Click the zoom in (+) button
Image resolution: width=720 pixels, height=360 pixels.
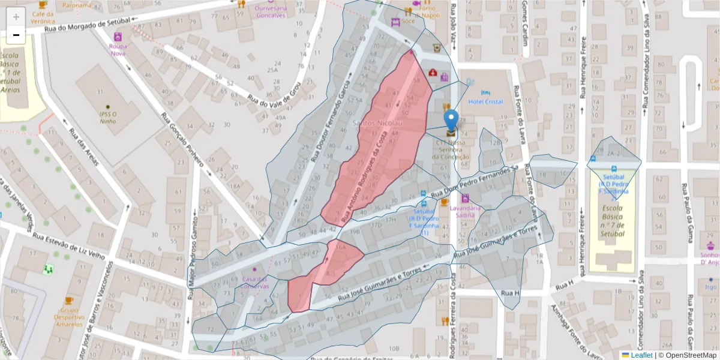(x=16, y=17)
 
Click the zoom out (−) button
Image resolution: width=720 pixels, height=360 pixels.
(x=16, y=35)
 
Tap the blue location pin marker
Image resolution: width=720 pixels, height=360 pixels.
(x=451, y=121)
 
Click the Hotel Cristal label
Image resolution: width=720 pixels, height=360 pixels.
(x=485, y=101)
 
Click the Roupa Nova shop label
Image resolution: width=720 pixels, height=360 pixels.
(x=118, y=49)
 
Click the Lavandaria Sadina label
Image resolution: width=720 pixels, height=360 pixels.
(x=465, y=211)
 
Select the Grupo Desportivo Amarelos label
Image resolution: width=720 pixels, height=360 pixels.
(x=69, y=316)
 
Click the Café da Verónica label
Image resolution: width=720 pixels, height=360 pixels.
(x=43, y=17)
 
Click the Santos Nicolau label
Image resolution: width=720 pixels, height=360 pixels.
(x=377, y=123)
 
